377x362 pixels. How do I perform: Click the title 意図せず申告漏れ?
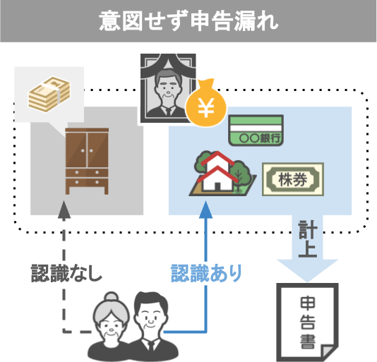coord(188,21)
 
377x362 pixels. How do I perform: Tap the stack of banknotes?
coord(49,94)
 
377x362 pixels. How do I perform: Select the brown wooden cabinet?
coord(87,161)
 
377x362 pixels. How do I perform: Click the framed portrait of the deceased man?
coord(168,88)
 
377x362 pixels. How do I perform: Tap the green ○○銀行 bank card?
coord(256,131)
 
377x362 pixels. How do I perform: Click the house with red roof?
coord(217,172)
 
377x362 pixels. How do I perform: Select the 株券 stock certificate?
coord(293,179)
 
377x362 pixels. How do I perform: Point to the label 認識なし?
coord(66,273)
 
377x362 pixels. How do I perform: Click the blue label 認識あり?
coord(206,273)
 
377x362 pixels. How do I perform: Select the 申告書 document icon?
coord(307,322)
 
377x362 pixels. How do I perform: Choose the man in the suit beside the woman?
coord(150,327)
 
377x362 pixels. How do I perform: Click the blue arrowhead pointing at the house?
coord(205,210)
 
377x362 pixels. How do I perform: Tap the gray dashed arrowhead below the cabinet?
coord(64,210)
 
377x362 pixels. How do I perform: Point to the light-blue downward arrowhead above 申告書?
coord(308,270)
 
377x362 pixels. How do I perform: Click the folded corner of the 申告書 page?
coord(329,352)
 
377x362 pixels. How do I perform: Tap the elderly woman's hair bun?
coord(111,296)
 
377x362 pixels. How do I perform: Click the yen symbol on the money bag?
coord(206,108)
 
